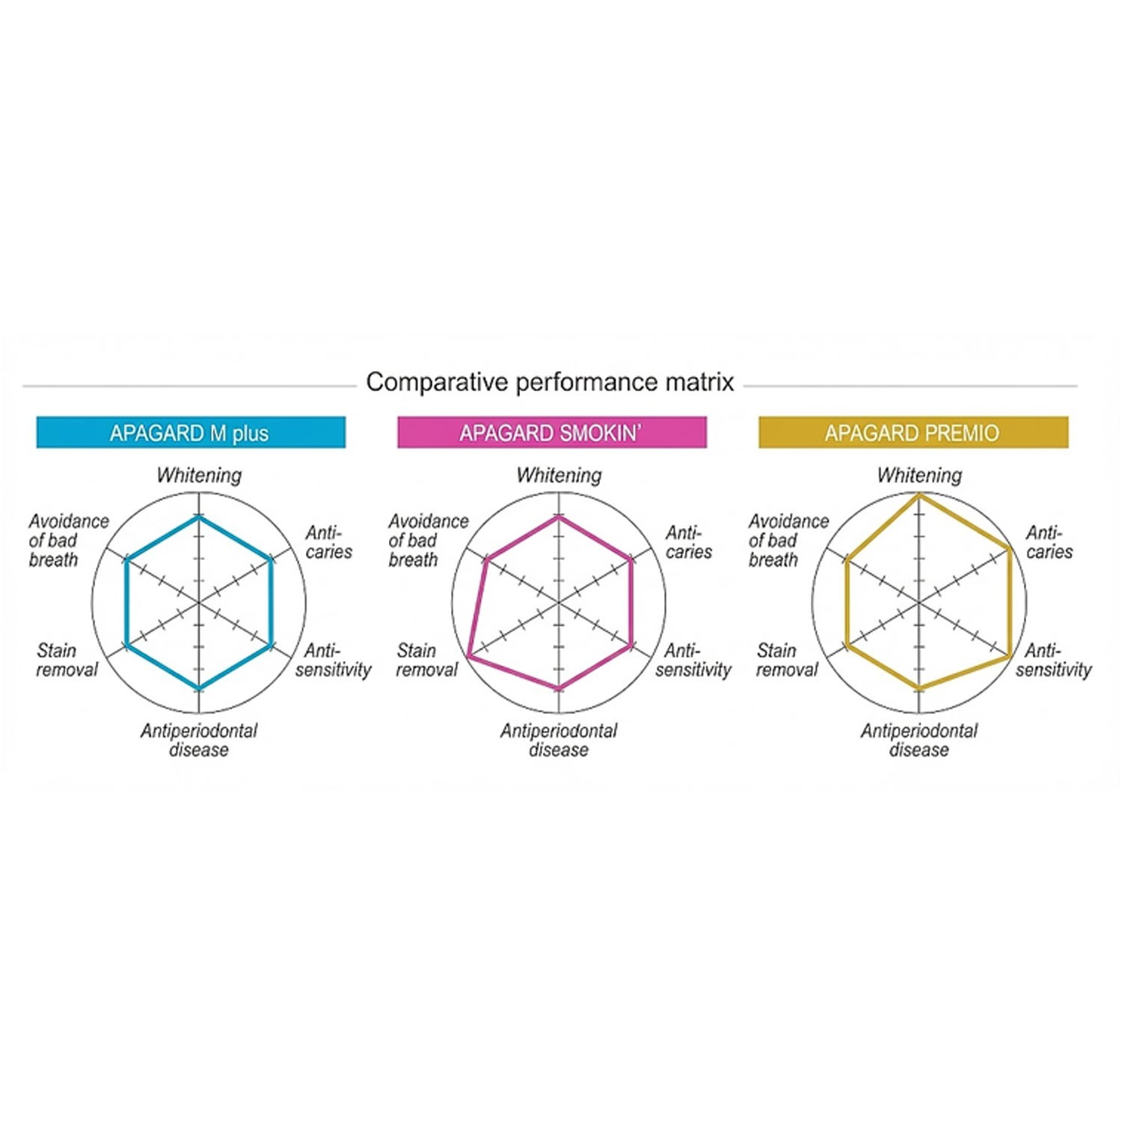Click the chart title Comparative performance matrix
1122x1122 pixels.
pyautogui.click(x=550, y=382)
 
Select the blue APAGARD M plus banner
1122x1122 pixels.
pyautogui.click(x=191, y=432)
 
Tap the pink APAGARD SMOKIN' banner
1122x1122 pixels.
pyautogui.click(x=551, y=432)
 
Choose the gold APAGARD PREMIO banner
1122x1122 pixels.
pyautogui.click(x=913, y=432)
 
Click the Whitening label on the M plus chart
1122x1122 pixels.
pyautogui.click(x=199, y=476)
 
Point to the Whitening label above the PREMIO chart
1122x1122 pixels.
pyautogui.click(x=919, y=476)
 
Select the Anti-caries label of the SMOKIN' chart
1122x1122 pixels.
pyautogui.click(x=687, y=542)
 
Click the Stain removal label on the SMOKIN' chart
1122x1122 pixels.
pyautogui.click(x=426, y=660)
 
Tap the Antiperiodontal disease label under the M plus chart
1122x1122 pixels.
pyautogui.click(x=199, y=740)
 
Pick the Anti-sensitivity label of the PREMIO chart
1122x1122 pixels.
pyautogui.click(x=1053, y=660)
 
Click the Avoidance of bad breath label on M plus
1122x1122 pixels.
pyautogui.click(x=67, y=540)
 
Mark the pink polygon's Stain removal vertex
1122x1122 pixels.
pyautogui.click(x=468, y=655)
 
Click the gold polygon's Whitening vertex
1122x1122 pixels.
pyautogui.click(x=919, y=494)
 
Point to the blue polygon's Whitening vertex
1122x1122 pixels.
pyautogui.click(x=198, y=517)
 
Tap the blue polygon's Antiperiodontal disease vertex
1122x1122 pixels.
pyautogui.click(x=198, y=687)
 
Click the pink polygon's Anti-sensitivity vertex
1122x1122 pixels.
pyautogui.click(x=631, y=644)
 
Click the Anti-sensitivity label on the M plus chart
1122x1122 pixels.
pyautogui.click(x=333, y=660)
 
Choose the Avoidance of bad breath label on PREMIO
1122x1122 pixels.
pyautogui.click(x=788, y=540)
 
